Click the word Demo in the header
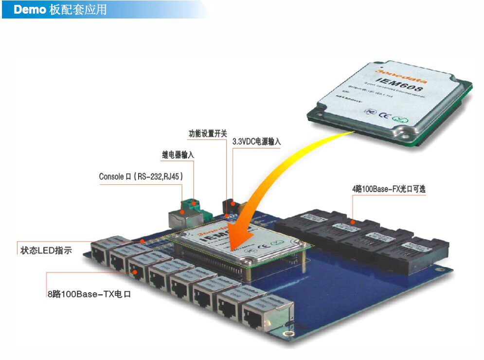(29, 10)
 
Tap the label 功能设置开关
(208, 133)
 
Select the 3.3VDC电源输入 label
(256, 142)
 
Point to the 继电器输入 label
(178, 155)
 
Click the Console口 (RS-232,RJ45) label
(141, 177)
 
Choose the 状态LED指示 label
(46, 251)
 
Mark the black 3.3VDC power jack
(229, 205)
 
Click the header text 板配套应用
(78, 10)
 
